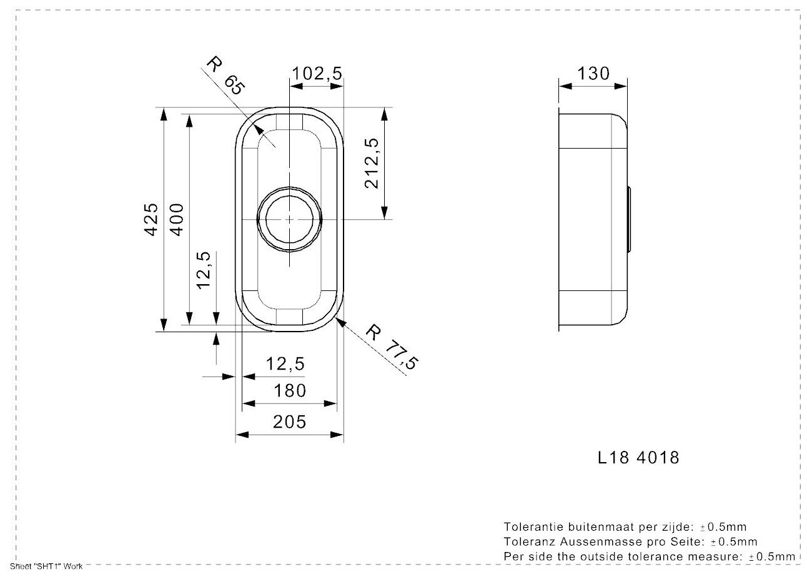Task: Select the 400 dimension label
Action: [177, 219]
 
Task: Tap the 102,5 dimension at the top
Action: [317, 74]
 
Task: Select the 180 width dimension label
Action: [290, 391]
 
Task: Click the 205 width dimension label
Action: [290, 422]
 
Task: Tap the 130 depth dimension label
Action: [592, 74]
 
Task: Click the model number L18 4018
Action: [638, 458]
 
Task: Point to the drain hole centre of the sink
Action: [290, 219]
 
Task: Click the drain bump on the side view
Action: [631, 219]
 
